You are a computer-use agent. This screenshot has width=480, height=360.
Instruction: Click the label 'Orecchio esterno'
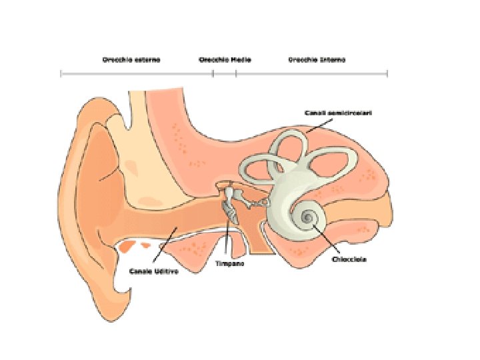tap(131, 59)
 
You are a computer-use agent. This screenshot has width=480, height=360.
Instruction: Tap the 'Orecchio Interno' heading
tap(317, 59)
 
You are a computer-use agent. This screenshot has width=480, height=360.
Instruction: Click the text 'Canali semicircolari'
tap(338, 113)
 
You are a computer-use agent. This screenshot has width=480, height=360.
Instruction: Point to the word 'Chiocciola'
tap(349, 259)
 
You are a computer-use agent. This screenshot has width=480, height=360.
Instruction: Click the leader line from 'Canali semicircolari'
tap(317, 125)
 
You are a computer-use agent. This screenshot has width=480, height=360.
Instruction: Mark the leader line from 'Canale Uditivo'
tap(164, 247)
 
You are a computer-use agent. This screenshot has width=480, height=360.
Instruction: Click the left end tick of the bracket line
tap(61, 73)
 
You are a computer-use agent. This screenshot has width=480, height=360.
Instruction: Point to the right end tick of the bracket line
tap(387, 73)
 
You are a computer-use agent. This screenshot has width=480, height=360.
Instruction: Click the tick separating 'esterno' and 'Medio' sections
tap(213, 73)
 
